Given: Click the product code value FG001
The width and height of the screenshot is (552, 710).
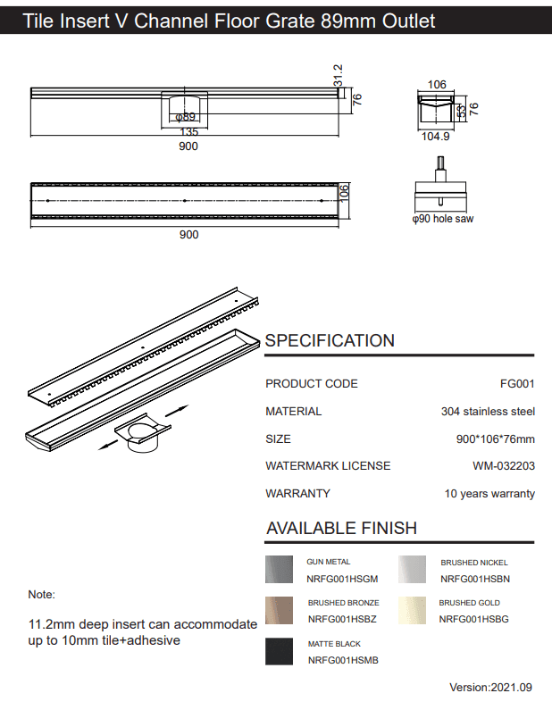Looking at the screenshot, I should coord(517,384).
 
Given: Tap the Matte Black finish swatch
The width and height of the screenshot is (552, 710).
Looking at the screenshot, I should coord(280,651).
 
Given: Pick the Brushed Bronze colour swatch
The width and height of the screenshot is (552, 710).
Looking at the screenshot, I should coord(280,611).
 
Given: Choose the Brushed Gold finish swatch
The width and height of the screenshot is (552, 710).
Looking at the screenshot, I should coord(413,611).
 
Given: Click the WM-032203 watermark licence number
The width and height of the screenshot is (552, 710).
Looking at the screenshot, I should coord(504,466).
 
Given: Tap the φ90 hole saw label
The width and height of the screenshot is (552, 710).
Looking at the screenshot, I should coord(442,219).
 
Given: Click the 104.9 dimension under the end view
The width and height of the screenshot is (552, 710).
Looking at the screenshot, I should coord(436,137).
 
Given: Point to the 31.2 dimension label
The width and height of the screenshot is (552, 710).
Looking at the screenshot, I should coord(339,75).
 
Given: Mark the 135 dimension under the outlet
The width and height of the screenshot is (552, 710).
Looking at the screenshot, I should coord(188,132).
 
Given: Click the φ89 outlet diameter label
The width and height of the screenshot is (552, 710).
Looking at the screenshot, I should coord(185,117).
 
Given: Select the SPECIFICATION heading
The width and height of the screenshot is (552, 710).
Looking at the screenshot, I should coord(330,340).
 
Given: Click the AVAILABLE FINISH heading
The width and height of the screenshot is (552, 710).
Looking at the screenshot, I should coord(341,528).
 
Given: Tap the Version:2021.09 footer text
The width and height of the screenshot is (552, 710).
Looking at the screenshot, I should coord(490,688).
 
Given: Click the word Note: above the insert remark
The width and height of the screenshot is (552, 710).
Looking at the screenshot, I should coord(42,594).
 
